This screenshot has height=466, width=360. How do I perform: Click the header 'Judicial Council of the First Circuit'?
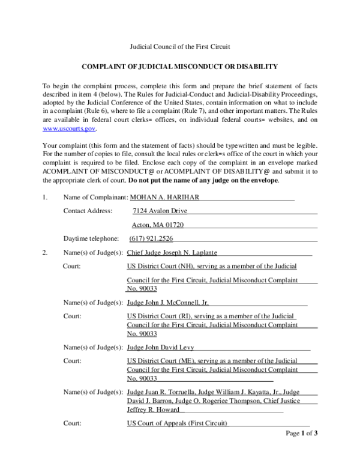(x=180, y=46)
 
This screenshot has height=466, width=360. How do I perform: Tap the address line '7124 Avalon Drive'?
(x=160, y=211)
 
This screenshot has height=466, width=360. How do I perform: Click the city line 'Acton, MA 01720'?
(x=158, y=225)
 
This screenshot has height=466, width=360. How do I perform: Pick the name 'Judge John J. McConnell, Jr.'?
(x=169, y=303)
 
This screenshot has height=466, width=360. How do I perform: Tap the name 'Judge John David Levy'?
(x=161, y=347)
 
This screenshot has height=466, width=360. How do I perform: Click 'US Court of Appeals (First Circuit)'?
(x=178, y=423)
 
